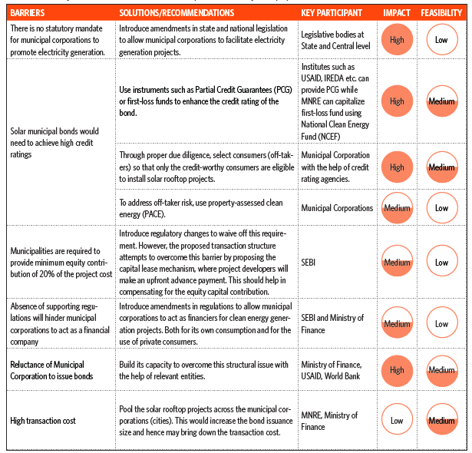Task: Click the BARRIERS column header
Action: [x=28, y=12]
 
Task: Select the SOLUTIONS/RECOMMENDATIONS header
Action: [x=177, y=12]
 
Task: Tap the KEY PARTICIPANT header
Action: [x=332, y=12]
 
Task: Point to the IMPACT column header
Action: [x=397, y=12]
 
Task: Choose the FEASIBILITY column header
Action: [x=441, y=12]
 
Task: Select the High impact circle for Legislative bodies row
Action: [x=397, y=39]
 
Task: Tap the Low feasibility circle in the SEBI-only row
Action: [x=442, y=261]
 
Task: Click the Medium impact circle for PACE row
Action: [x=397, y=208]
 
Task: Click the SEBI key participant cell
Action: [x=309, y=263]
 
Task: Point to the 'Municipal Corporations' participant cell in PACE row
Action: [x=337, y=208]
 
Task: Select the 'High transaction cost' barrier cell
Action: [x=43, y=421]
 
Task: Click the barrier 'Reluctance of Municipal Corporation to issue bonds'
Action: [x=51, y=370]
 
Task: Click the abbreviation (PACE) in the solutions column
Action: [x=153, y=214]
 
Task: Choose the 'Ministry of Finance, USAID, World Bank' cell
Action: [x=332, y=370]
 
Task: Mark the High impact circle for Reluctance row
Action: [x=397, y=370]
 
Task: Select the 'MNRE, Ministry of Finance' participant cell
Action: [x=329, y=421]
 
